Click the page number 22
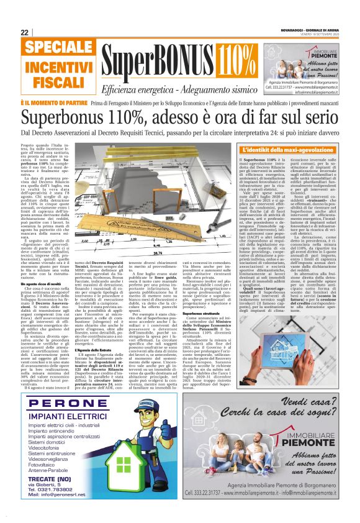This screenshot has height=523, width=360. pyautogui.click(x=25, y=32)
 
